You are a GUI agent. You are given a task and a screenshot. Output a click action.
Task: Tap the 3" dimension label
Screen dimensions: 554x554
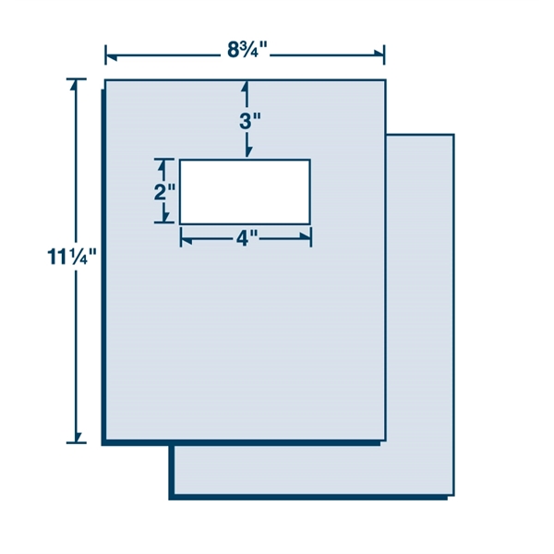247,121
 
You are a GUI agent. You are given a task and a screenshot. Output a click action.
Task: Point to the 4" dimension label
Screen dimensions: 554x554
246,238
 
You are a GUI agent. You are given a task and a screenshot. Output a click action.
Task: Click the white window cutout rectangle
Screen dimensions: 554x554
245,191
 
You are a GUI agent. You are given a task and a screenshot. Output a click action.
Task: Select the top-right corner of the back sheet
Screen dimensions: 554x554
453,135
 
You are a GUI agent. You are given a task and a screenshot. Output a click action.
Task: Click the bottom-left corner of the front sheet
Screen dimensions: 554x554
105,440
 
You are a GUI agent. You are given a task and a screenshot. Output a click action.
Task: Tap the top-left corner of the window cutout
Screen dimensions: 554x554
180,160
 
